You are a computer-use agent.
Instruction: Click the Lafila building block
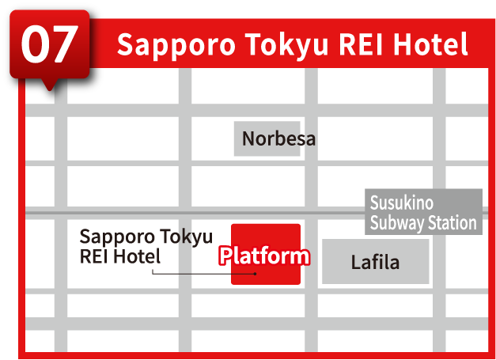pyautogui.click(x=375, y=262)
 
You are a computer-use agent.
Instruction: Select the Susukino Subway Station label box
pyautogui.click(x=423, y=212)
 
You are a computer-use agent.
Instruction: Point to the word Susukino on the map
pyautogui.click(x=402, y=203)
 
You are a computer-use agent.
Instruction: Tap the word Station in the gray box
pyautogui.click(x=452, y=222)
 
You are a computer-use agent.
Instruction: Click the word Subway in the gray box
pyautogui.click(x=397, y=222)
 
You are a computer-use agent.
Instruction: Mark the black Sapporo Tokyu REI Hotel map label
pyautogui.click(x=146, y=246)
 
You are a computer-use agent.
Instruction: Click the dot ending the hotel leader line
pyautogui.click(x=255, y=274)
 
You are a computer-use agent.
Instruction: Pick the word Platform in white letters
pyautogui.click(x=263, y=256)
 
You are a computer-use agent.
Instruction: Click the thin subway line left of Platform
pyautogui.click(x=127, y=214)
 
